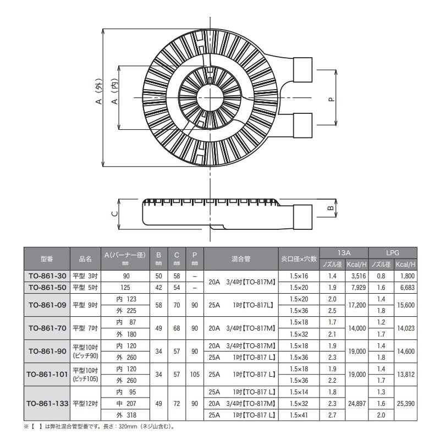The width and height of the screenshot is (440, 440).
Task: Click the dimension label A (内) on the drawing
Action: point(115,94)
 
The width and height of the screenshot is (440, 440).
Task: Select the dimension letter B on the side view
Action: point(331,208)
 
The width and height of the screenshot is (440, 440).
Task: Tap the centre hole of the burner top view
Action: point(210,98)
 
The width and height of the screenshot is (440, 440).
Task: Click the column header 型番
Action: point(47,257)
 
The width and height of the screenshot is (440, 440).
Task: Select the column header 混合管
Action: point(241,257)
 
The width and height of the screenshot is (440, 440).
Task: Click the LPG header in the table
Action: point(393,252)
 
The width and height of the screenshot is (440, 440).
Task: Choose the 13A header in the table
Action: point(345,252)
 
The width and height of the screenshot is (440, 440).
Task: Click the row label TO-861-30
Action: point(47,276)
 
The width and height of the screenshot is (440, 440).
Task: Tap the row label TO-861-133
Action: point(47,403)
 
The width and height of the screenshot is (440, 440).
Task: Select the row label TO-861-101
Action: point(47,374)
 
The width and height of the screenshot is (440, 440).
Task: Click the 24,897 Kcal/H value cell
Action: point(356,403)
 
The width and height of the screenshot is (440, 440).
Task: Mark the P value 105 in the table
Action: point(194,374)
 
